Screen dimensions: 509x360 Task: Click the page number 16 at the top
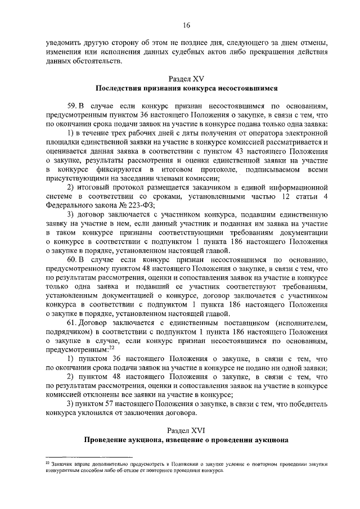186,25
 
